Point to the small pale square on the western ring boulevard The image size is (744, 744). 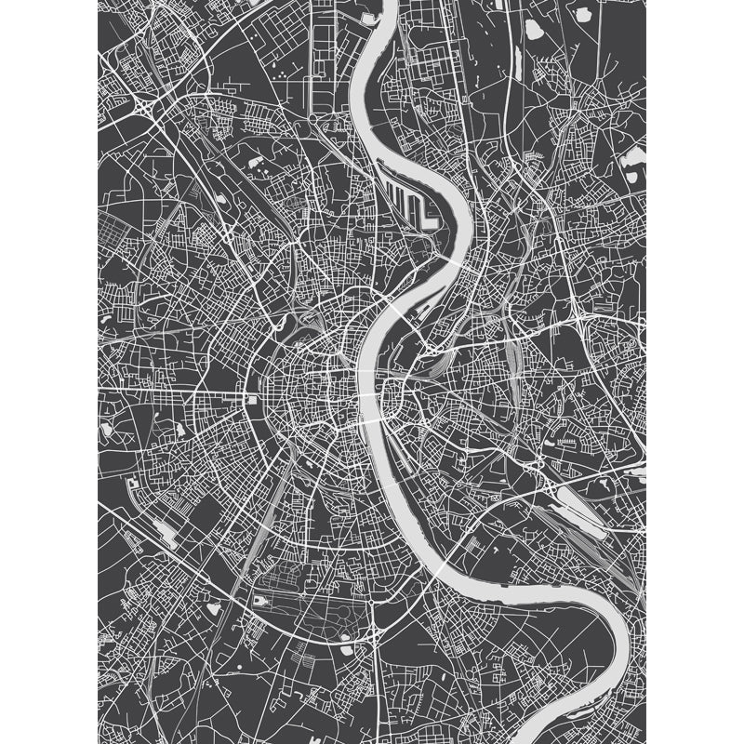[251, 399]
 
